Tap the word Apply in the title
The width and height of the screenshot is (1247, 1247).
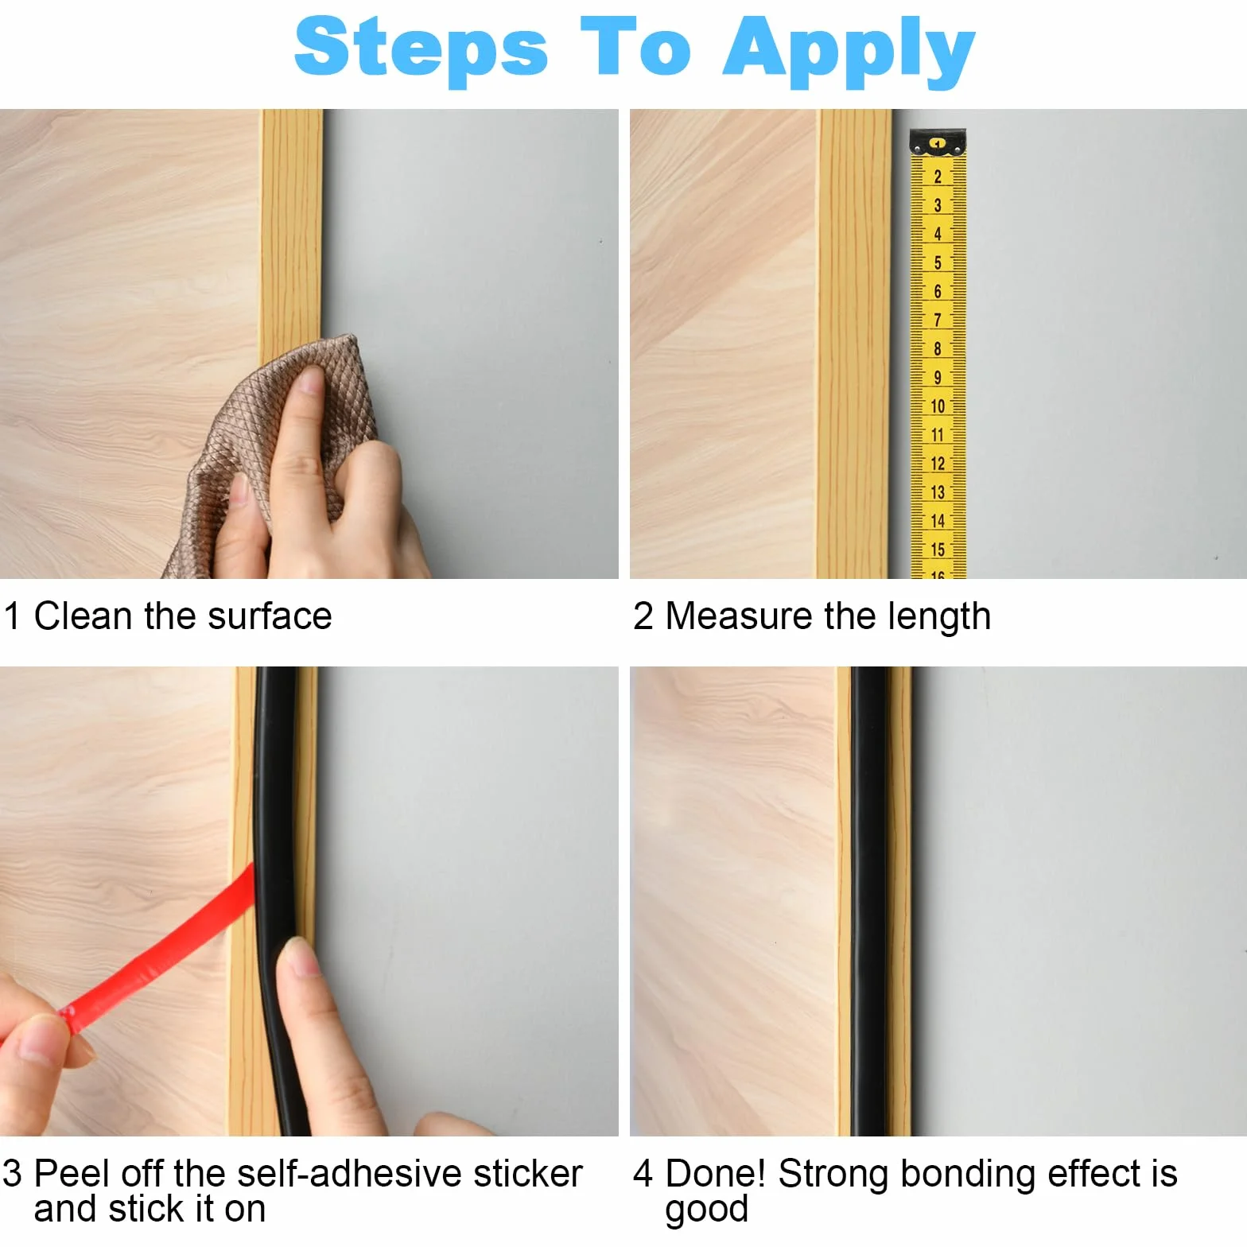tap(849, 51)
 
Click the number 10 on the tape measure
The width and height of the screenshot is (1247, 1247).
tap(938, 406)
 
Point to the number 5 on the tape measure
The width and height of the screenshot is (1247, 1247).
tap(938, 262)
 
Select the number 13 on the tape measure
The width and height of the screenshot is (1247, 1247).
tap(938, 492)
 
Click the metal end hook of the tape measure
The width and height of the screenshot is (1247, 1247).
tap(938, 142)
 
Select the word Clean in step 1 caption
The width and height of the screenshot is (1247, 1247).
tap(83, 616)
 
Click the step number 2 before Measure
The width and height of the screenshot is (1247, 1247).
tap(643, 616)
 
